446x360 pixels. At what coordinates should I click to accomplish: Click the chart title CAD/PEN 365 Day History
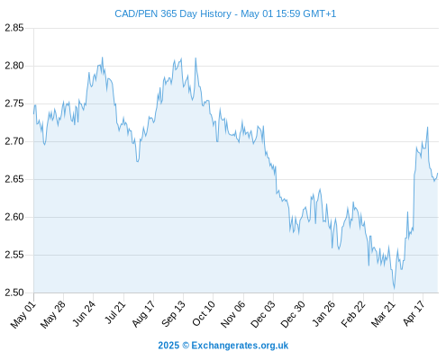click(x=173, y=13)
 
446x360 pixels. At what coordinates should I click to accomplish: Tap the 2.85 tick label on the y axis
click(x=14, y=28)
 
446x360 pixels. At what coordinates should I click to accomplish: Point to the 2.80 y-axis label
click(x=14, y=66)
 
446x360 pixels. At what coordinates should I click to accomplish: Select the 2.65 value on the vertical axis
click(x=14, y=179)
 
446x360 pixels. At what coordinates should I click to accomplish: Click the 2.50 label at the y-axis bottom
click(x=14, y=292)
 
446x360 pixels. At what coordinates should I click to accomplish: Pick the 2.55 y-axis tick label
click(x=14, y=255)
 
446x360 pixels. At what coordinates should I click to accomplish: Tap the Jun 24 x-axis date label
click(x=84, y=313)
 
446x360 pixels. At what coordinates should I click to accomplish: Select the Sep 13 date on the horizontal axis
click(x=174, y=313)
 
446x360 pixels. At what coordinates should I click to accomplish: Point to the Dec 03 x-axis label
click(x=263, y=314)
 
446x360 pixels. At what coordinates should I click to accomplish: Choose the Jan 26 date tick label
click(x=323, y=313)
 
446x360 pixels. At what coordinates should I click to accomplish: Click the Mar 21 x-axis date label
click(x=383, y=314)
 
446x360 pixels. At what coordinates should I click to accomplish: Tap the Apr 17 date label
click(x=414, y=313)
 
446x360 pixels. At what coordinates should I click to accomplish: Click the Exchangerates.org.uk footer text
click(x=240, y=346)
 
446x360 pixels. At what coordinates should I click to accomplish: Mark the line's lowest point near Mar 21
click(x=394, y=289)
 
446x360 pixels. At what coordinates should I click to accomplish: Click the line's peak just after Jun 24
click(x=103, y=58)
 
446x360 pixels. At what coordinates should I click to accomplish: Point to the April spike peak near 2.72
click(x=427, y=127)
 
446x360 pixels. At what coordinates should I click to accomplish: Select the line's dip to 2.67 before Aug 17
click(x=137, y=161)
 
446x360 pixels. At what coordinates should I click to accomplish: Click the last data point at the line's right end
click(x=438, y=173)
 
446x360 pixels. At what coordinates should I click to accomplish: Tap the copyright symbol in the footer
click(x=186, y=346)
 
